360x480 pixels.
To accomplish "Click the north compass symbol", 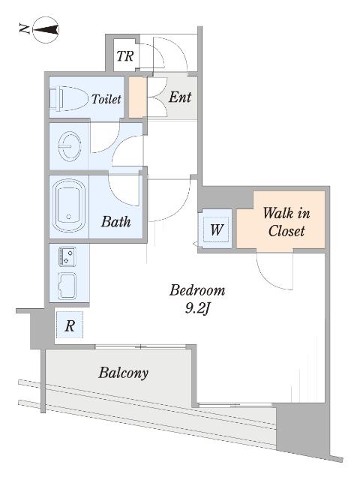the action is (46, 30).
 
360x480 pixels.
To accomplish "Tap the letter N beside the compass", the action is (24, 29).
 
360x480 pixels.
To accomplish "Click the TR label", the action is (125, 56).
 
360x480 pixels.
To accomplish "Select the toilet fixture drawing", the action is (68, 98).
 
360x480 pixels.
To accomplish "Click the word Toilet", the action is (106, 99).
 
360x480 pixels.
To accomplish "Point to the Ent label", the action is (180, 97).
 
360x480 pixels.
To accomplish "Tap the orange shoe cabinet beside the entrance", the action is (137, 97).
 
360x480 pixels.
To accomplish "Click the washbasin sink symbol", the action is (70, 145).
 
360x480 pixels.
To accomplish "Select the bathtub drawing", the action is (69, 205).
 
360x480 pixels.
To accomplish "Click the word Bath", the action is (116, 221).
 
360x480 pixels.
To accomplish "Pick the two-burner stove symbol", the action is (67, 256).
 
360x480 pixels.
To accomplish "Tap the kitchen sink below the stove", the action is (67, 286).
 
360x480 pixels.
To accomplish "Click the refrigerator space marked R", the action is (70, 325).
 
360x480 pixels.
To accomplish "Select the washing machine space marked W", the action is (217, 229).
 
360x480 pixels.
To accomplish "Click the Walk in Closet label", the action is (286, 222).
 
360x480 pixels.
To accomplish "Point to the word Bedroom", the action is (197, 290).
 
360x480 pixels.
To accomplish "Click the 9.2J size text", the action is (196, 309).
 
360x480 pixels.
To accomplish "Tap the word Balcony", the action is (123, 373).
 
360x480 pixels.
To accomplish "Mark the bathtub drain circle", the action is (69, 217).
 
